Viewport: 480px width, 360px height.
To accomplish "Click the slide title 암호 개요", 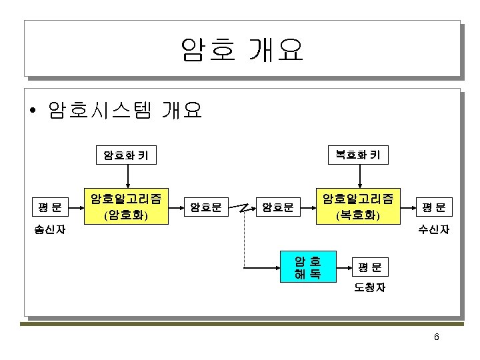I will (241, 49).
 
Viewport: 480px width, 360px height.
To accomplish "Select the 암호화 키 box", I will (125, 157).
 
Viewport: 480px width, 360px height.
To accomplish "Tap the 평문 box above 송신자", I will (50, 207).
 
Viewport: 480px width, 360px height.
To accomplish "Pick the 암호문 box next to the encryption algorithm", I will (206, 207).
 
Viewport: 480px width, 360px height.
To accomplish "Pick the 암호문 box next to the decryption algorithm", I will (278, 207).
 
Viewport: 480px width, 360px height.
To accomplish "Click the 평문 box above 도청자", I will (369, 267).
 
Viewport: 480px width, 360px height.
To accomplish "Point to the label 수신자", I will (433, 230).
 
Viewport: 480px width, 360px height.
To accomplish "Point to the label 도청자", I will (369, 289).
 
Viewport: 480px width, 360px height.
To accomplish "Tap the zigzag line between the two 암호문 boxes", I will (242, 207).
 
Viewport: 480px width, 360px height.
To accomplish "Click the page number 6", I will (436, 337).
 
